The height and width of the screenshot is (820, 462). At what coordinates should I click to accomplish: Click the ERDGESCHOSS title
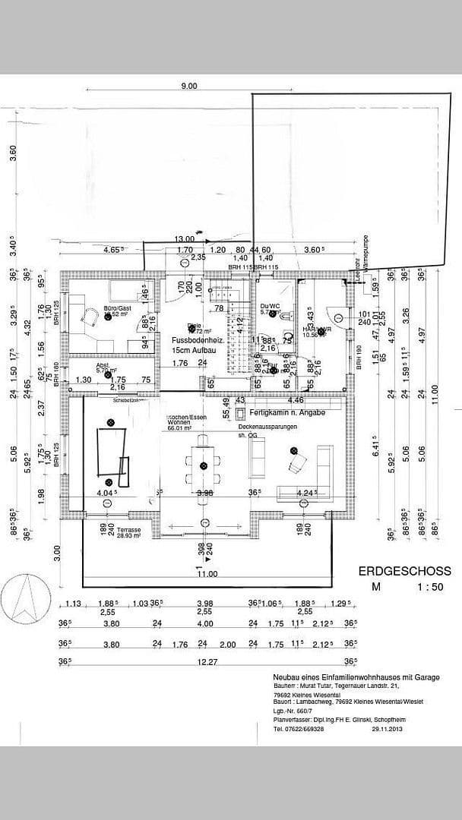click(x=403, y=571)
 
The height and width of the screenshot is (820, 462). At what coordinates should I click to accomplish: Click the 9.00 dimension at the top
click(x=188, y=86)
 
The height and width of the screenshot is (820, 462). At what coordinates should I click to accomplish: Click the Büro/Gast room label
click(x=117, y=308)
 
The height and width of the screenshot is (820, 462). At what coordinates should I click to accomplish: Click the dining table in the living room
click(x=202, y=467)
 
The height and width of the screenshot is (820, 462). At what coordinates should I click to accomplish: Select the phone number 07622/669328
click(x=305, y=729)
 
